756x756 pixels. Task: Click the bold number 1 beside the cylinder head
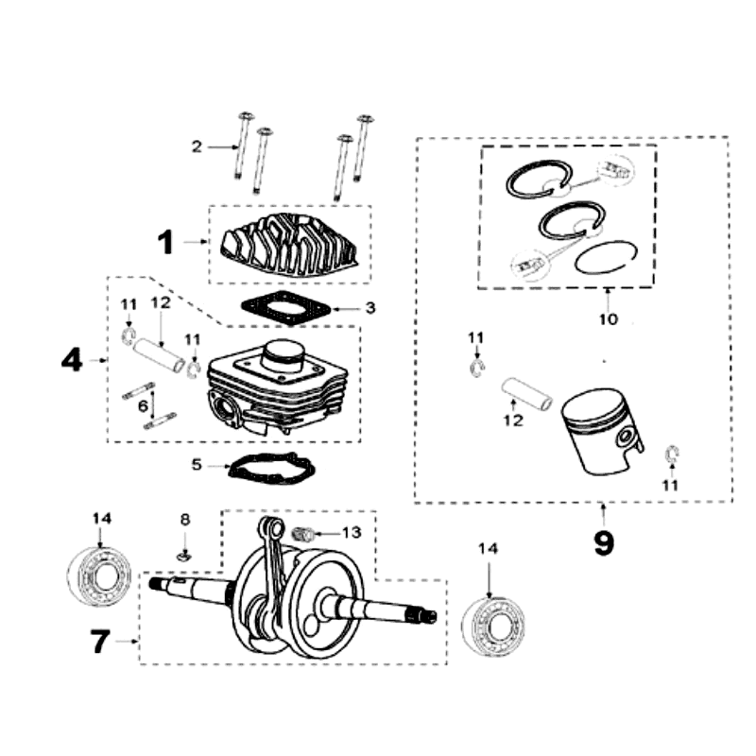tap(165, 243)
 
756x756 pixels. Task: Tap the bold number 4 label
tap(72, 361)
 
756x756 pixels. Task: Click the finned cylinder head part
tap(289, 244)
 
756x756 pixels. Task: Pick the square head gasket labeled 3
tap(287, 308)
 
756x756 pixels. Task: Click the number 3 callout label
tap(370, 308)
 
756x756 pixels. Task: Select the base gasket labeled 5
tap(270, 468)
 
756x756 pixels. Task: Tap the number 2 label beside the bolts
tap(197, 146)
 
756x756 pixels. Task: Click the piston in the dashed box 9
tap(600, 435)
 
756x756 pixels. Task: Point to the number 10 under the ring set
tap(607, 319)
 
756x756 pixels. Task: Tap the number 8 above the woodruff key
tap(185, 520)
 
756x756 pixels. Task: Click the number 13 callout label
tap(351, 532)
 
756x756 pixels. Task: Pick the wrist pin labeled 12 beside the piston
tap(525, 393)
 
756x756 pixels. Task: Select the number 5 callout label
tap(197, 465)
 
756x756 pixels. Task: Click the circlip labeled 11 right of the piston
tap(672, 455)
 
